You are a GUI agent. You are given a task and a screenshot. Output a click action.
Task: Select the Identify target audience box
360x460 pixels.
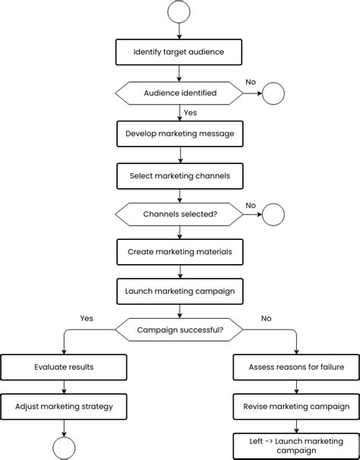(180, 52)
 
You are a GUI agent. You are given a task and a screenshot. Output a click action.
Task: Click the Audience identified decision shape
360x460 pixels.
(180, 93)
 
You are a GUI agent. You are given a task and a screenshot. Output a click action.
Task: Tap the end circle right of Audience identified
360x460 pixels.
(273, 93)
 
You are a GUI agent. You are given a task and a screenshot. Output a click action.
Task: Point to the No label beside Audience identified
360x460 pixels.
(251, 81)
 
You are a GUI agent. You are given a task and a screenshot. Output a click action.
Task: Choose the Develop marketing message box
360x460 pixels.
(180, 134)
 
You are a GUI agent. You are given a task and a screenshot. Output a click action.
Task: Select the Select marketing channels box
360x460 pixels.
(180, 175)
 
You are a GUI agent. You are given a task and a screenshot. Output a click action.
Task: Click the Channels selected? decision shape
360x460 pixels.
(180, 215)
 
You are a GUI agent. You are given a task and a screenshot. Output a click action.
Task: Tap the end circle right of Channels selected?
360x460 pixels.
(273, 215)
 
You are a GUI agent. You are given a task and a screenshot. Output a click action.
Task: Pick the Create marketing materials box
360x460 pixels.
(180, 252)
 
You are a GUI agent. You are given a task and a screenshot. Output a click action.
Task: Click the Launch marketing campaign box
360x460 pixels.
(180, 291)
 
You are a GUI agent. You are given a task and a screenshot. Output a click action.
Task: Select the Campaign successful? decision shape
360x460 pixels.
(180, 330)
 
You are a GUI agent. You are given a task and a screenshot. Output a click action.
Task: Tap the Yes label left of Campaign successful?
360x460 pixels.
(87, 318)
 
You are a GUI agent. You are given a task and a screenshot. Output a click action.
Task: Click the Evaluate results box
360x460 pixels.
(64, 367)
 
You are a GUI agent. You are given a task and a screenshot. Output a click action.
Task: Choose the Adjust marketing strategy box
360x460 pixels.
(64, 406)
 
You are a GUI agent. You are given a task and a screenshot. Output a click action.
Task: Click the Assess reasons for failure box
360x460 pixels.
(296, 367)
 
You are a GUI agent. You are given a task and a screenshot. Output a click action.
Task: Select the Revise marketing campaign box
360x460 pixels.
(296, 406)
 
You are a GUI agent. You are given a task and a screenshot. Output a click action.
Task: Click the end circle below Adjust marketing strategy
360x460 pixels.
(64, 447)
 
